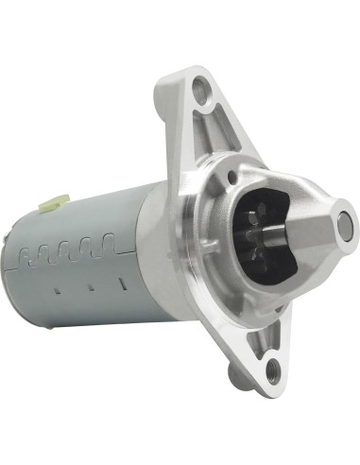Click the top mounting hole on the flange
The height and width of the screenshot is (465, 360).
(198, 92)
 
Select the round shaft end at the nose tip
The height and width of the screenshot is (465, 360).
(344, 225)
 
